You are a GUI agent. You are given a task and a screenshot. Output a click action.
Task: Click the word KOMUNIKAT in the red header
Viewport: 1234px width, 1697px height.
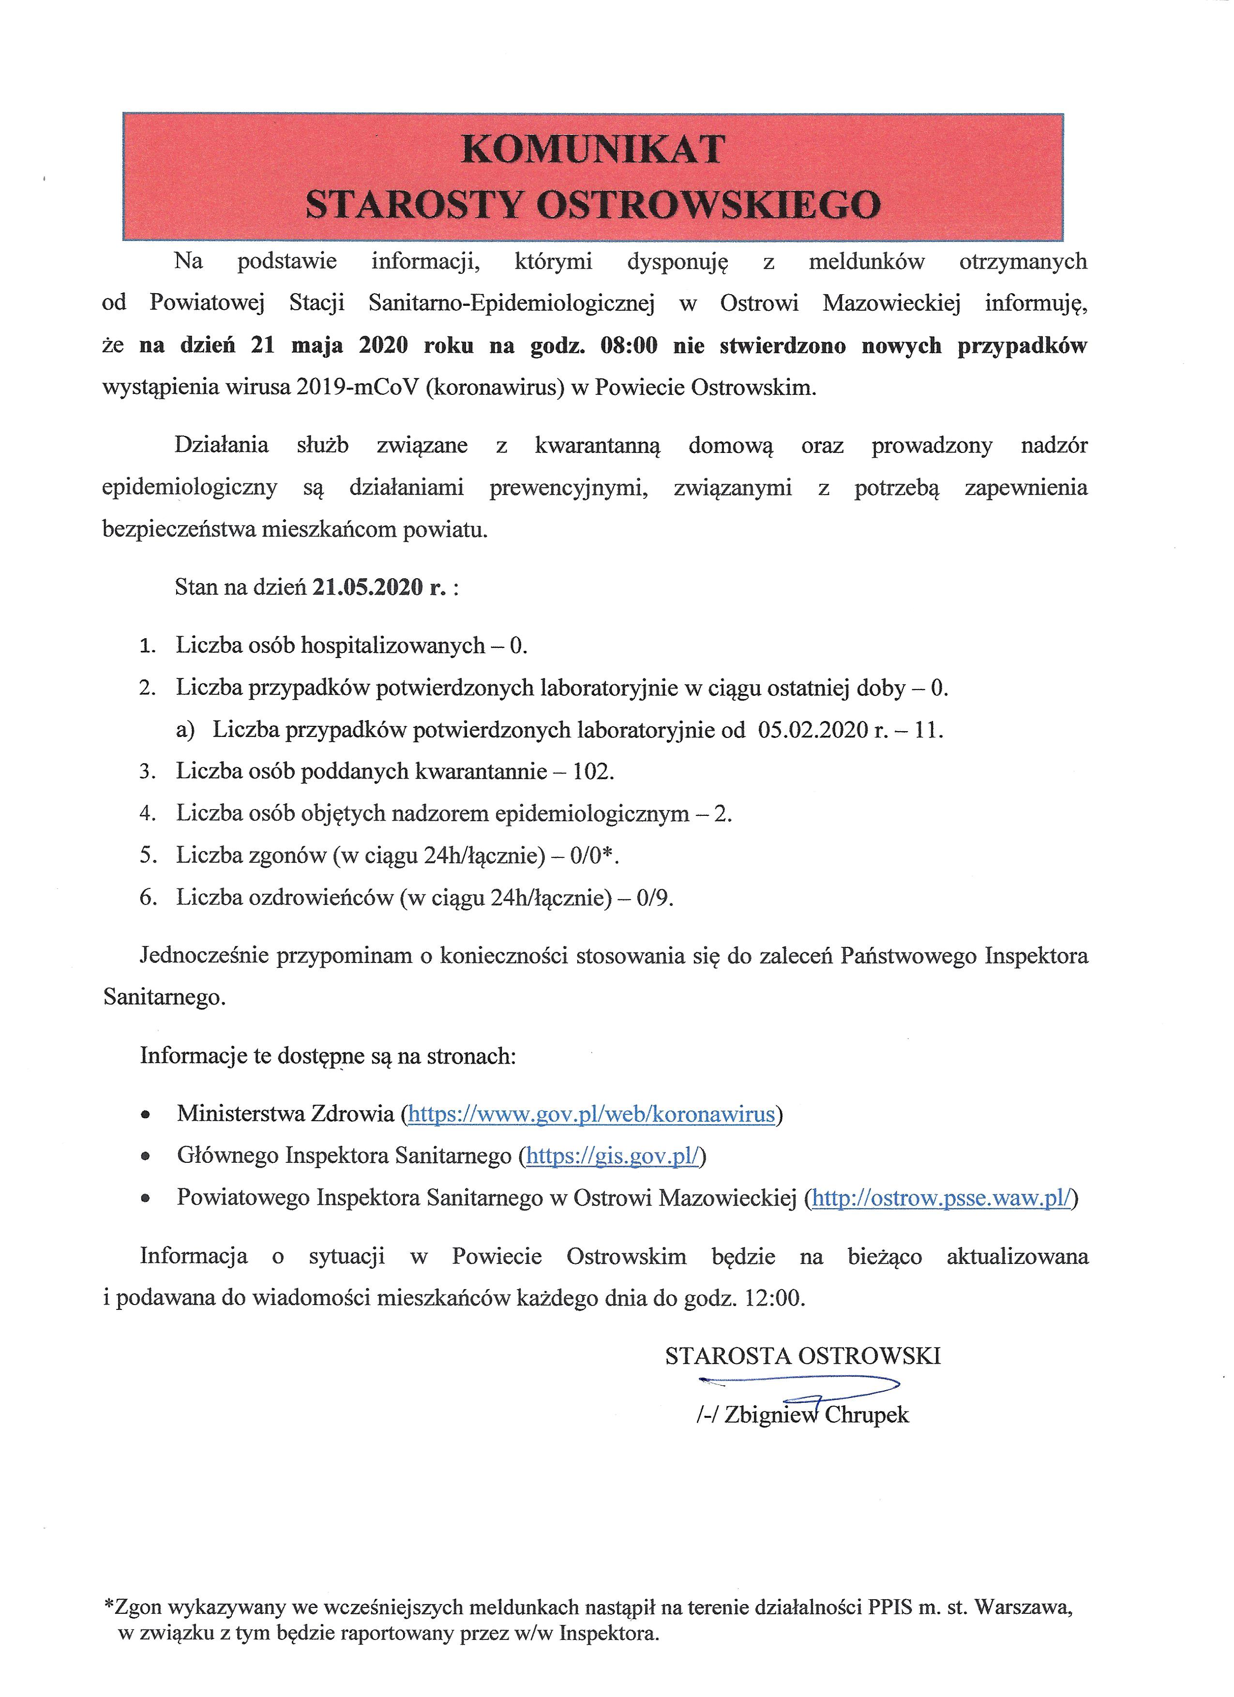[x=593, y=149]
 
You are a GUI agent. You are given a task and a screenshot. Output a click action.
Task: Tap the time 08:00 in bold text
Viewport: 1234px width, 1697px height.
[x=629, y=345]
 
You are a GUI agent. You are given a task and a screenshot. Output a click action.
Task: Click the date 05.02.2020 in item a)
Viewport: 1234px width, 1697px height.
[x=813, y=730]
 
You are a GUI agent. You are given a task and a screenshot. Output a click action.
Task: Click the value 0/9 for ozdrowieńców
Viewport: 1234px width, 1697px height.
[x=654, y=897]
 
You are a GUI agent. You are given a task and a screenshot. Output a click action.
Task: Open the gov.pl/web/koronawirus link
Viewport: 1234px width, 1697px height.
[x=591, y=1114]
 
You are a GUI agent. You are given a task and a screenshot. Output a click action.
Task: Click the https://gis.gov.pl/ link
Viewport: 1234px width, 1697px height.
[x=612, y=1156]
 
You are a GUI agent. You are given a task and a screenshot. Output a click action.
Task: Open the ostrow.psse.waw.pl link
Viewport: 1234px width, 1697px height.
[x=941, y=1198]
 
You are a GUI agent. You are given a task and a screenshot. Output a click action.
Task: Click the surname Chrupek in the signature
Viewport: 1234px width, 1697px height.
[x=867, y=1415]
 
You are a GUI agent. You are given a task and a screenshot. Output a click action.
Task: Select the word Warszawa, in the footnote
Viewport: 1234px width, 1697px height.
[x=1025, y=1607]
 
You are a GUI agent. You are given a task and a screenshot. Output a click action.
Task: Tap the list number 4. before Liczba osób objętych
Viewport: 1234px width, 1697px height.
[x=148, y=813]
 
